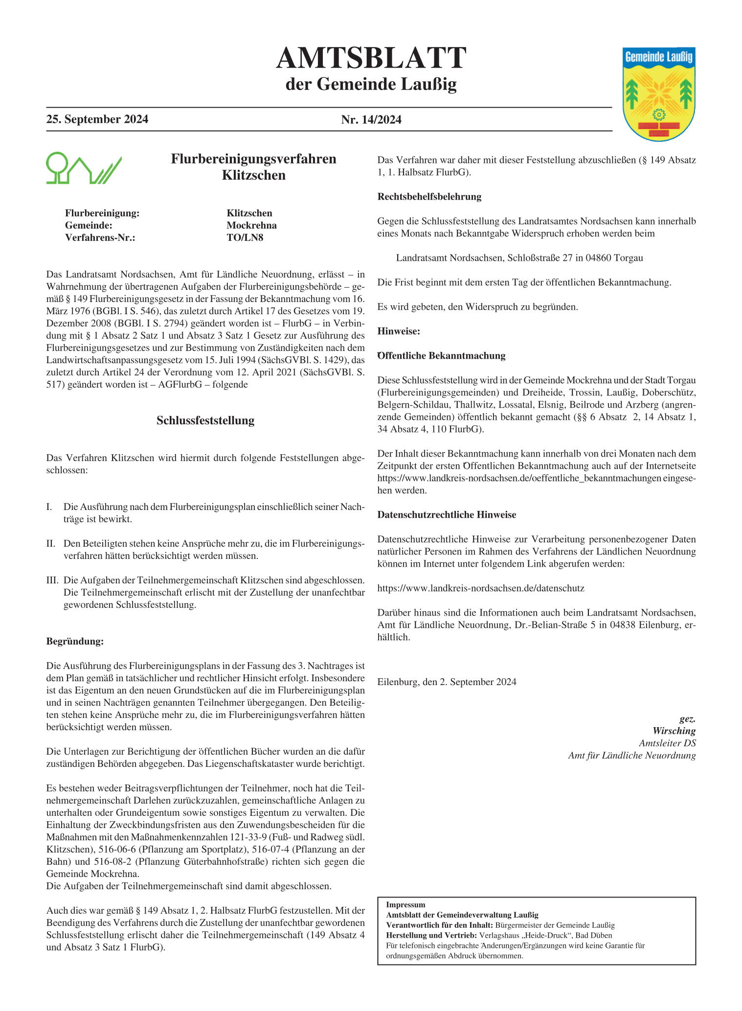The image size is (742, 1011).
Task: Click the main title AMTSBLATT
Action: [x=371, y=59]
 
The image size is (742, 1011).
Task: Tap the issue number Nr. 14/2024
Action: [x=371, y=120]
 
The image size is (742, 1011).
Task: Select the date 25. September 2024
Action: [x=97, y=120]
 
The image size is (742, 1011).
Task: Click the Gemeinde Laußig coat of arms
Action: [x=659, y=94]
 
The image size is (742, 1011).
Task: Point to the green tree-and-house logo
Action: [x=83, y=168]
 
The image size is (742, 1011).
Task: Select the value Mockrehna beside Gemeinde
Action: [x=251, y=226]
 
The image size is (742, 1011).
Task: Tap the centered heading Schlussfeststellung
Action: [x=205, y=421]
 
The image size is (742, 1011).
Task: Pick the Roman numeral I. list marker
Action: [x=49, y=507]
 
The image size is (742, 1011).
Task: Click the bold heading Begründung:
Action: [x=75, y=642]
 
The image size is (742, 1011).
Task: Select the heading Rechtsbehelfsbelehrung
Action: [x=429, y=197]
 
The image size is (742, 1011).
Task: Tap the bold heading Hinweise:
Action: [x=399, y=331]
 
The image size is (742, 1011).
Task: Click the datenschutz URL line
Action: [x=481, y=588]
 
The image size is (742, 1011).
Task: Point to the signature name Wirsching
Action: [x=674, y=731]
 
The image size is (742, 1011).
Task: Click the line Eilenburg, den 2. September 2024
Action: [x=447, y=682]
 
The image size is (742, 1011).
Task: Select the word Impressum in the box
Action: [x=405, y=905]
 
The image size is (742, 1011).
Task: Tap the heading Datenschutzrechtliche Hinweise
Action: [x=447, y=515]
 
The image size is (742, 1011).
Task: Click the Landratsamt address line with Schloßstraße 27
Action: [x=519, y=258]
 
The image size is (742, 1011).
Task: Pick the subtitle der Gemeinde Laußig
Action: [x=371, y=84]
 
